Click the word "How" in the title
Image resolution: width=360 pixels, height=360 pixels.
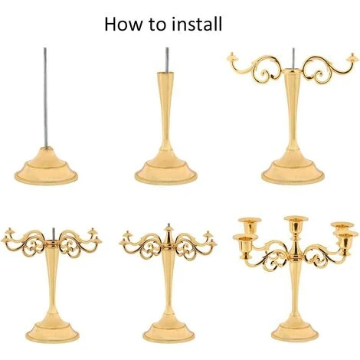(x=123, y=25)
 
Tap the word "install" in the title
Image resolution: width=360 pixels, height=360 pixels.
(x=196, y=24)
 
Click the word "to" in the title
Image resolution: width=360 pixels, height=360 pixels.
(x=157, y=25)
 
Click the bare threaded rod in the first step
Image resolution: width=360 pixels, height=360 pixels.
(x=45, y=97)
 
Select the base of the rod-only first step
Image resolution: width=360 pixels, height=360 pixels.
(x=46, y=166)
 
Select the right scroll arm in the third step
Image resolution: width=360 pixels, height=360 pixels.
(x=329, y=68)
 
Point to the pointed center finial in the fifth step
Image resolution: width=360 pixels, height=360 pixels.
(x=169, y=234)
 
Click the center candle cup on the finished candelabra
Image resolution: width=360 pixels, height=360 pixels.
(x=296, y=224)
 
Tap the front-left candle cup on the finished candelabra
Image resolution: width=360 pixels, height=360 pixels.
(x=245, y=244)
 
